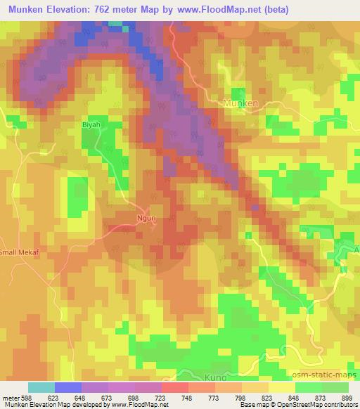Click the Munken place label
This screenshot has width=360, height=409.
[x=240, y=103]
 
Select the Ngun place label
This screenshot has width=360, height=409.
[x=145, y=219]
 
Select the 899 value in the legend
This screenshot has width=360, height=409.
[x=347, y=397]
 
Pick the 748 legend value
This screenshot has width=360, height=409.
[x=186, y=397]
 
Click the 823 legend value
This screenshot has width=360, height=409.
[x=266, y=397]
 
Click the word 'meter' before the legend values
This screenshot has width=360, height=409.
[x=9, y=397]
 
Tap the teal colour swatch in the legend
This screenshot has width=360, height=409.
[x=41, y=387]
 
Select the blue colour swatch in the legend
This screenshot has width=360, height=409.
[x=68, y=387]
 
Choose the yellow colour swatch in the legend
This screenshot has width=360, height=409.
[x=281, y=387]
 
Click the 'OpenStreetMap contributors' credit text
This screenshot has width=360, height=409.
[x=320, y=405]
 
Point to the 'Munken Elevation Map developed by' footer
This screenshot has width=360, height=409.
[x=51, y=405]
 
